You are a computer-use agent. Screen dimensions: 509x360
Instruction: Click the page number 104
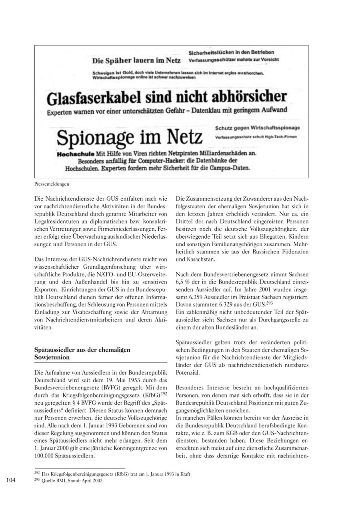click(x=10, y=480)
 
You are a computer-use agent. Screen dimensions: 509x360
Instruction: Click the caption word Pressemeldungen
click(x=52, y=184)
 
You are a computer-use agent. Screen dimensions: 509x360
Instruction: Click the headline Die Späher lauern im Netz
click(x=136, y=61)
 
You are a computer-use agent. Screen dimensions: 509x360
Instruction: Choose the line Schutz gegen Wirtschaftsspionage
click(x=257, y=128)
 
